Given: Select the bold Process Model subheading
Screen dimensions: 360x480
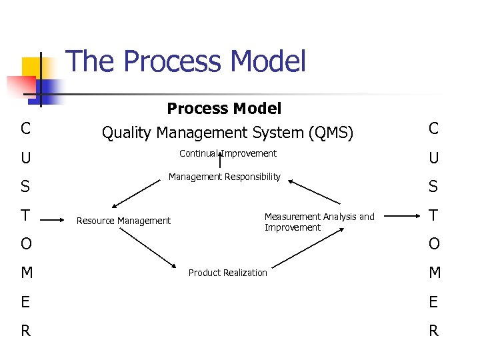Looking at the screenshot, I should tap(224, 108).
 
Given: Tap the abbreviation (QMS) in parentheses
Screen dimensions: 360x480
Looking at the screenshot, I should tap(331, 133).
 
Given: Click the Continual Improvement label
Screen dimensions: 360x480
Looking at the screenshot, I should tap(228, 153).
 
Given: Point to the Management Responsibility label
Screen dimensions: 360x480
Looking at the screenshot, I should tap(225, 177).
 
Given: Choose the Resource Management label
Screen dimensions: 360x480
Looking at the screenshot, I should tap(123, 221).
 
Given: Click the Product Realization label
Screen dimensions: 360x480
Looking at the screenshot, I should tap(227, 273).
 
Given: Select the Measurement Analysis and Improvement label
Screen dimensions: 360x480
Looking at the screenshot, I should tap(319, 222).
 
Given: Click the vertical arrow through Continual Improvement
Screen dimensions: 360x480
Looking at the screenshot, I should tap(220, 161).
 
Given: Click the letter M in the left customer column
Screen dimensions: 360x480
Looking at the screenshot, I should tap(25, 273).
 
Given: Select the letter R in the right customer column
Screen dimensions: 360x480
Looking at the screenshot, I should tap(433, 331).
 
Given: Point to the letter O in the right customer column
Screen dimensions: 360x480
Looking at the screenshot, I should tap(433, 244).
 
